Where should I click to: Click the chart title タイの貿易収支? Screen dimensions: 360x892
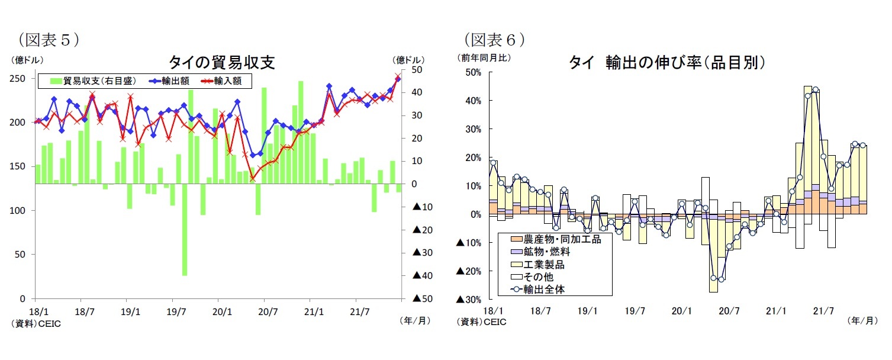[221, 63]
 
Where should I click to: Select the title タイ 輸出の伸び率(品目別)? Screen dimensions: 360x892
[668, 63]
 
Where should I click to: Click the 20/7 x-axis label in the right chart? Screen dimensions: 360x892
[729, 310]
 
